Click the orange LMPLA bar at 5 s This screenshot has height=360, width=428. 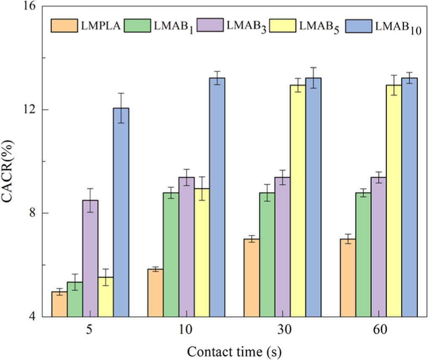point(59,304)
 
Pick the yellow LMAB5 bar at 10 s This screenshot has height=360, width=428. point(202,253)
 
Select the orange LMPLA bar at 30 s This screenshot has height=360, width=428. point(252,278)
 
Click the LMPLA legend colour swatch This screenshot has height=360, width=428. point(64,26)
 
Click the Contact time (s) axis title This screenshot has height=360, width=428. point(234,351)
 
